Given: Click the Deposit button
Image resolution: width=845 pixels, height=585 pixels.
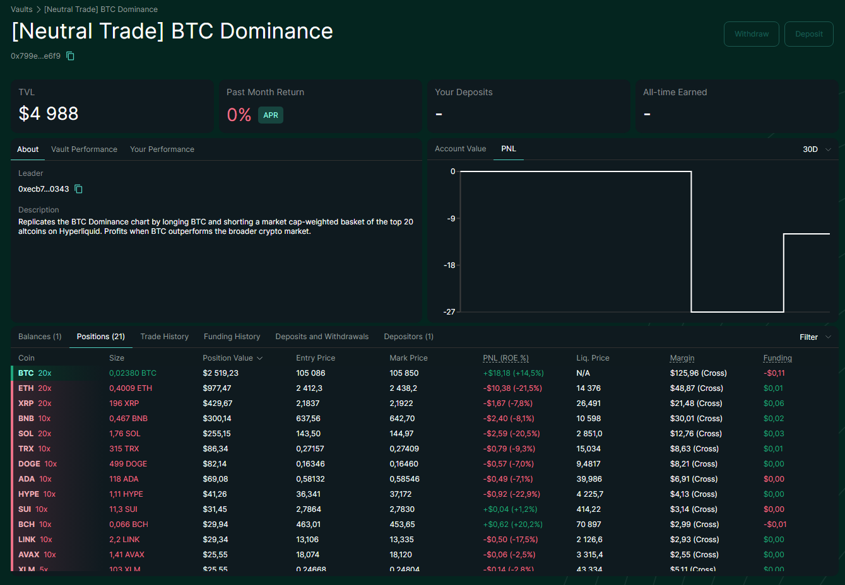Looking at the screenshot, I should (808, 34).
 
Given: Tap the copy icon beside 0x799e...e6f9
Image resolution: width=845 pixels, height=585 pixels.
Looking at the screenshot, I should (71, 56).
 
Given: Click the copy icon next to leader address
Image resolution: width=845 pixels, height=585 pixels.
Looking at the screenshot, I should (79, 189).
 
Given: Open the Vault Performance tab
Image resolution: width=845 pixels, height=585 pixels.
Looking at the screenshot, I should (84, 149).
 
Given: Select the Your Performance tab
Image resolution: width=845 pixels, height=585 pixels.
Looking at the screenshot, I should (162, 149).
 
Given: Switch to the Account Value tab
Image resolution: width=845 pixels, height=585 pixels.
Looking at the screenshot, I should (460, 149).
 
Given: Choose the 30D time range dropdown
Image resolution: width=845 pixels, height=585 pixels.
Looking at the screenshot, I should (817, 149).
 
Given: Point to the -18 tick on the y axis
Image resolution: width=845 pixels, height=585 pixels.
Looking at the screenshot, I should (449, 265).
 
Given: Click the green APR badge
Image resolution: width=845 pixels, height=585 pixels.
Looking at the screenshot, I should (271, 115).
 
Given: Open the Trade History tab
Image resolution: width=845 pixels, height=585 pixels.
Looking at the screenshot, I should (164, 337).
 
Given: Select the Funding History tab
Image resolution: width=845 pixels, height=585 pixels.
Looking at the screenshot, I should (232, 337).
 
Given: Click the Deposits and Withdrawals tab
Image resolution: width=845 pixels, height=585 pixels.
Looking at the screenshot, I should (322, 337).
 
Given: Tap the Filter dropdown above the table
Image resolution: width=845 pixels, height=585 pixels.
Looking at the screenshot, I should (815, 337).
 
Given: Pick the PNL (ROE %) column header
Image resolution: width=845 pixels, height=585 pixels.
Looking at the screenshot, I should (505, 358).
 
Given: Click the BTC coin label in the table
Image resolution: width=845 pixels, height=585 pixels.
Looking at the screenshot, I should (26, 373).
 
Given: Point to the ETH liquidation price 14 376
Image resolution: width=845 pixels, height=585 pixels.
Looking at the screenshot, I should (588, 388).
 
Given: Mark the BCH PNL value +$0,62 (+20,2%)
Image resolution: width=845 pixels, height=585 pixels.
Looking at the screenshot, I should (512, 524).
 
